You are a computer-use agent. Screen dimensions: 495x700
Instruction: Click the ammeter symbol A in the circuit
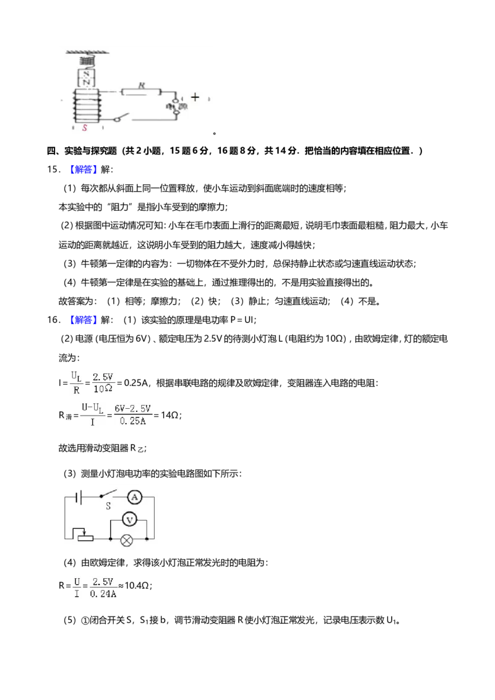pos(134,497)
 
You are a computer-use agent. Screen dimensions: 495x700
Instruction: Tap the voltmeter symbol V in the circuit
pos(129,519)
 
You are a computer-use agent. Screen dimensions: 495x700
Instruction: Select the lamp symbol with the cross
pos(127,540)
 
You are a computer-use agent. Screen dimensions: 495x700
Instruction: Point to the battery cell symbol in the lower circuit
pos(79,497)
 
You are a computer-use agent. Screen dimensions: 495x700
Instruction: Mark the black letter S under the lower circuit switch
pos(108,506)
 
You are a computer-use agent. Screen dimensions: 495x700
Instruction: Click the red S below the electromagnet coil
pos(84,127)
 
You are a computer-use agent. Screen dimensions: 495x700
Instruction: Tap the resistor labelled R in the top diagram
pos(140,92)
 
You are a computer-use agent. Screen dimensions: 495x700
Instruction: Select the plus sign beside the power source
pos(195,97)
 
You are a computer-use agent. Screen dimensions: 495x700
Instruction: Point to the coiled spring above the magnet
pos(87,60)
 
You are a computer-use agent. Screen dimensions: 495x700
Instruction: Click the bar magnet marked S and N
pos(87,78)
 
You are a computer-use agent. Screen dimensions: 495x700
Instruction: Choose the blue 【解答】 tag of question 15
pos(82,169)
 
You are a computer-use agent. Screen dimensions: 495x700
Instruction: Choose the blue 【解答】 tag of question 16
pos(82,320)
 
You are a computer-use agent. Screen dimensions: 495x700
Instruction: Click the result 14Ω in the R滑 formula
pos(170,415)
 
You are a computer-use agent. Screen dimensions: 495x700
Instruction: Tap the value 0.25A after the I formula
pos(136,383)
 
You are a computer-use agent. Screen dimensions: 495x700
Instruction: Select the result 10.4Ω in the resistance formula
pos(137,585)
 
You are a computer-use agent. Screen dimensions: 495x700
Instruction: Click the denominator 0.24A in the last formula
pos(103,594)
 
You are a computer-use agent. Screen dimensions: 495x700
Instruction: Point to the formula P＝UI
pos(242,320)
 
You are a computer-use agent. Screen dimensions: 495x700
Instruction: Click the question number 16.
pos(52,320)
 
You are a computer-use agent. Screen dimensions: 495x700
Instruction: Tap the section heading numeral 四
pos(51,151)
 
